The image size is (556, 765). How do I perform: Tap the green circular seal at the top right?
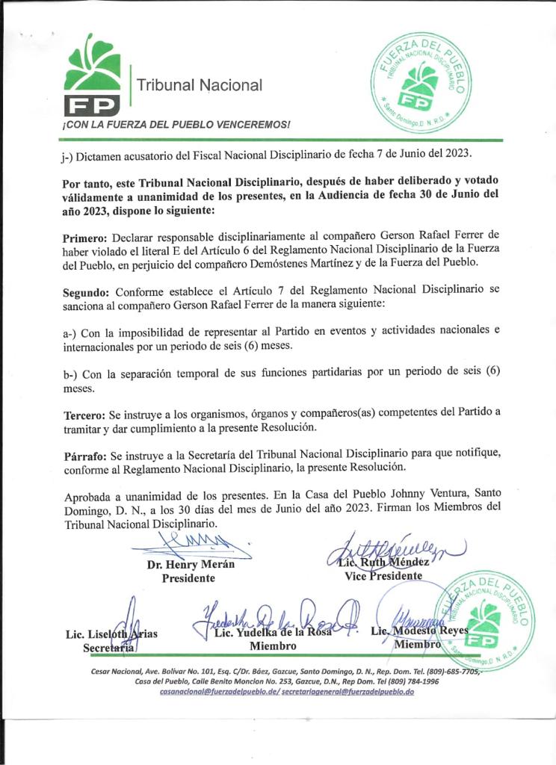[x=421, y=82]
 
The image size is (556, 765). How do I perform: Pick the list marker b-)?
[x=71, y=374]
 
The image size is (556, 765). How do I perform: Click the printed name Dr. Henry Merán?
[x=191, y=565]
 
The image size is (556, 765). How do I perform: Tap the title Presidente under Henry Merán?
[x=188, y=578]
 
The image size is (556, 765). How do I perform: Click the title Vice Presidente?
[x=383, y=576]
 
